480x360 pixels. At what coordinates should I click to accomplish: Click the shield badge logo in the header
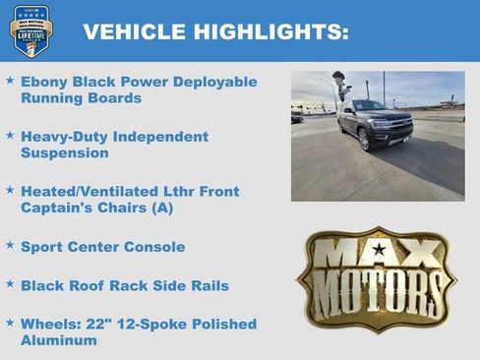point(31,30)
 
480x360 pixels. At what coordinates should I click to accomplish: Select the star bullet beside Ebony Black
point(10,80)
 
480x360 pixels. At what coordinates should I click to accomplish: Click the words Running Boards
point(81,98)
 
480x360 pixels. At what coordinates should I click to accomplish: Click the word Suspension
point(64,153)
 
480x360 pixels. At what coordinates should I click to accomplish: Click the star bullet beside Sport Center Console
point(10,245)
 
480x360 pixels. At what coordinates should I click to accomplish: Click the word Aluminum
point(59,340)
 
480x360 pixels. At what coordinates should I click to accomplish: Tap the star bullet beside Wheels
point(10,322)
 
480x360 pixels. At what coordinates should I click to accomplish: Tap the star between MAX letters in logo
point(377,250)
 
